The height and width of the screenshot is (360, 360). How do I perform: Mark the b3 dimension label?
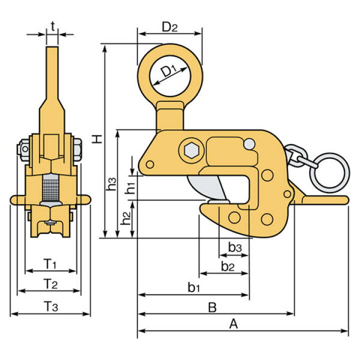pos(235,247)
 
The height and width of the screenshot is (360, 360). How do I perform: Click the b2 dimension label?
pos(227,266)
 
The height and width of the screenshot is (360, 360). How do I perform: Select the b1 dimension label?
pos(194,287)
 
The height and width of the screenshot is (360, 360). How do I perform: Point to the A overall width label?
pos(233,324)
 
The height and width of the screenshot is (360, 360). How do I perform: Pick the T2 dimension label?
pos(49,284)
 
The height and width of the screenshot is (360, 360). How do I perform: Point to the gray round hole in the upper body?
pos(248,144)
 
